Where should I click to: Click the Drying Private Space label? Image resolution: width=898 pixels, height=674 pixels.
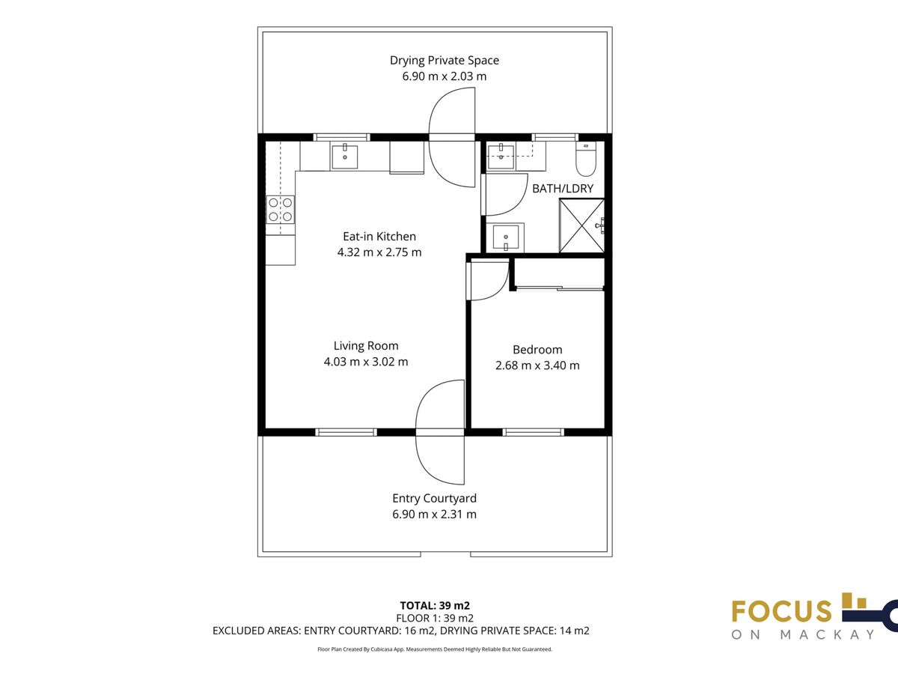coord(445,61)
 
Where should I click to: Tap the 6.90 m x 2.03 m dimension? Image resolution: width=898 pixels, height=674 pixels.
coord(445,76)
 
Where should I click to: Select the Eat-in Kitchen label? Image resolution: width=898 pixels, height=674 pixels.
coord(379,237)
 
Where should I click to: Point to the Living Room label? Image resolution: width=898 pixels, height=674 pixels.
coord(366,346)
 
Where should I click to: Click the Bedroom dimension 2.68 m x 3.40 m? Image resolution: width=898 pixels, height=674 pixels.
coord(537,365)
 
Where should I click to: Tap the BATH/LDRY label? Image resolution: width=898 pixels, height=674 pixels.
coord(563,189)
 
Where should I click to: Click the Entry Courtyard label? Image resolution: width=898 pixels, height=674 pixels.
coord(434,499)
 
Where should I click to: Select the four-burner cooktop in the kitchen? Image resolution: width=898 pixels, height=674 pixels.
coord(280,210)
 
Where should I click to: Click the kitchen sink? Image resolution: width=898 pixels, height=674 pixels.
coord(344,157)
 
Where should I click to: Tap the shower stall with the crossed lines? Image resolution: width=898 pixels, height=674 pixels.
coord(581,226)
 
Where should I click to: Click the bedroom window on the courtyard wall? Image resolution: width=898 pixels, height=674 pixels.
coord(533,432)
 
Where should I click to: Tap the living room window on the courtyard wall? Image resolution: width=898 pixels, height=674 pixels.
coord(346,432)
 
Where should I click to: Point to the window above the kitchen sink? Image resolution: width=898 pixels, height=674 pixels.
coord(341,137)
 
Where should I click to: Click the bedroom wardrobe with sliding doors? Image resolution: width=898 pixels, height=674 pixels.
coord(559,274)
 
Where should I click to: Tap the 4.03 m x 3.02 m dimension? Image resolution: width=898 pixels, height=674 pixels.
coord(366,362)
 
